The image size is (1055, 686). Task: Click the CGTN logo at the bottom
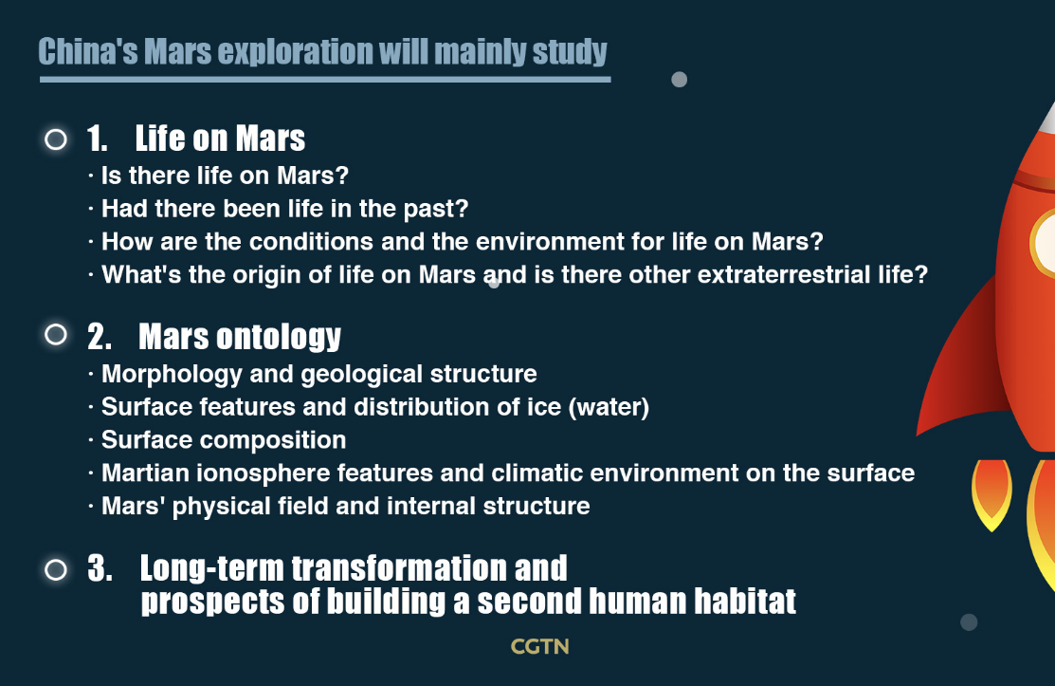click(x=539, y=646)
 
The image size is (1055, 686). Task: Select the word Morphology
click(x=172, y=374)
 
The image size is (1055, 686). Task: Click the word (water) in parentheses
click(x=609, y=407)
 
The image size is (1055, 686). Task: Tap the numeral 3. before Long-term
click(x=100, y=568)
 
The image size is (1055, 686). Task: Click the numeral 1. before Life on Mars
click(x=98, y=139)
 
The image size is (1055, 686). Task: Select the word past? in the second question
click(x=435, y=210)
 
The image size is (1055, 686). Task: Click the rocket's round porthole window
click(x=1044, y=243)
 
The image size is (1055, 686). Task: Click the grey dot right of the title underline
click(x=680, y=80)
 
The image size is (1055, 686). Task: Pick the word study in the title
click(x=570, y=52)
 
